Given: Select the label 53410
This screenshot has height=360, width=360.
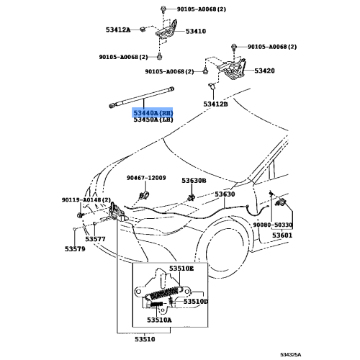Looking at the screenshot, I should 195,32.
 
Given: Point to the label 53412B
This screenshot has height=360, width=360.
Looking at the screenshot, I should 215,104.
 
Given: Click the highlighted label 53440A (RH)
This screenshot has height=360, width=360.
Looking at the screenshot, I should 153,113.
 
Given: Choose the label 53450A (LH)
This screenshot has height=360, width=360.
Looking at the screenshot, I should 153,120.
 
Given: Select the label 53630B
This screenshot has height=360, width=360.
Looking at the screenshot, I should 194,181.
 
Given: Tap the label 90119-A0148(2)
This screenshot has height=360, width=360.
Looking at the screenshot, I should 86,199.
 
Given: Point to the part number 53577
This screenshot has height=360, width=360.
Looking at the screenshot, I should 95,239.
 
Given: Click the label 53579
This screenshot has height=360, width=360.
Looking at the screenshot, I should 74,249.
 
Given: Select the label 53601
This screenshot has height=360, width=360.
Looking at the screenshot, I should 282,235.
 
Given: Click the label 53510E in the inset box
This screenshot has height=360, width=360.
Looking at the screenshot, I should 181,269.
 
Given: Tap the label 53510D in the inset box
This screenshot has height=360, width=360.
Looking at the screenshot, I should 195,302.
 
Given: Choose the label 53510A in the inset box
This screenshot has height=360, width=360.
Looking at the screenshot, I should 159,319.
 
